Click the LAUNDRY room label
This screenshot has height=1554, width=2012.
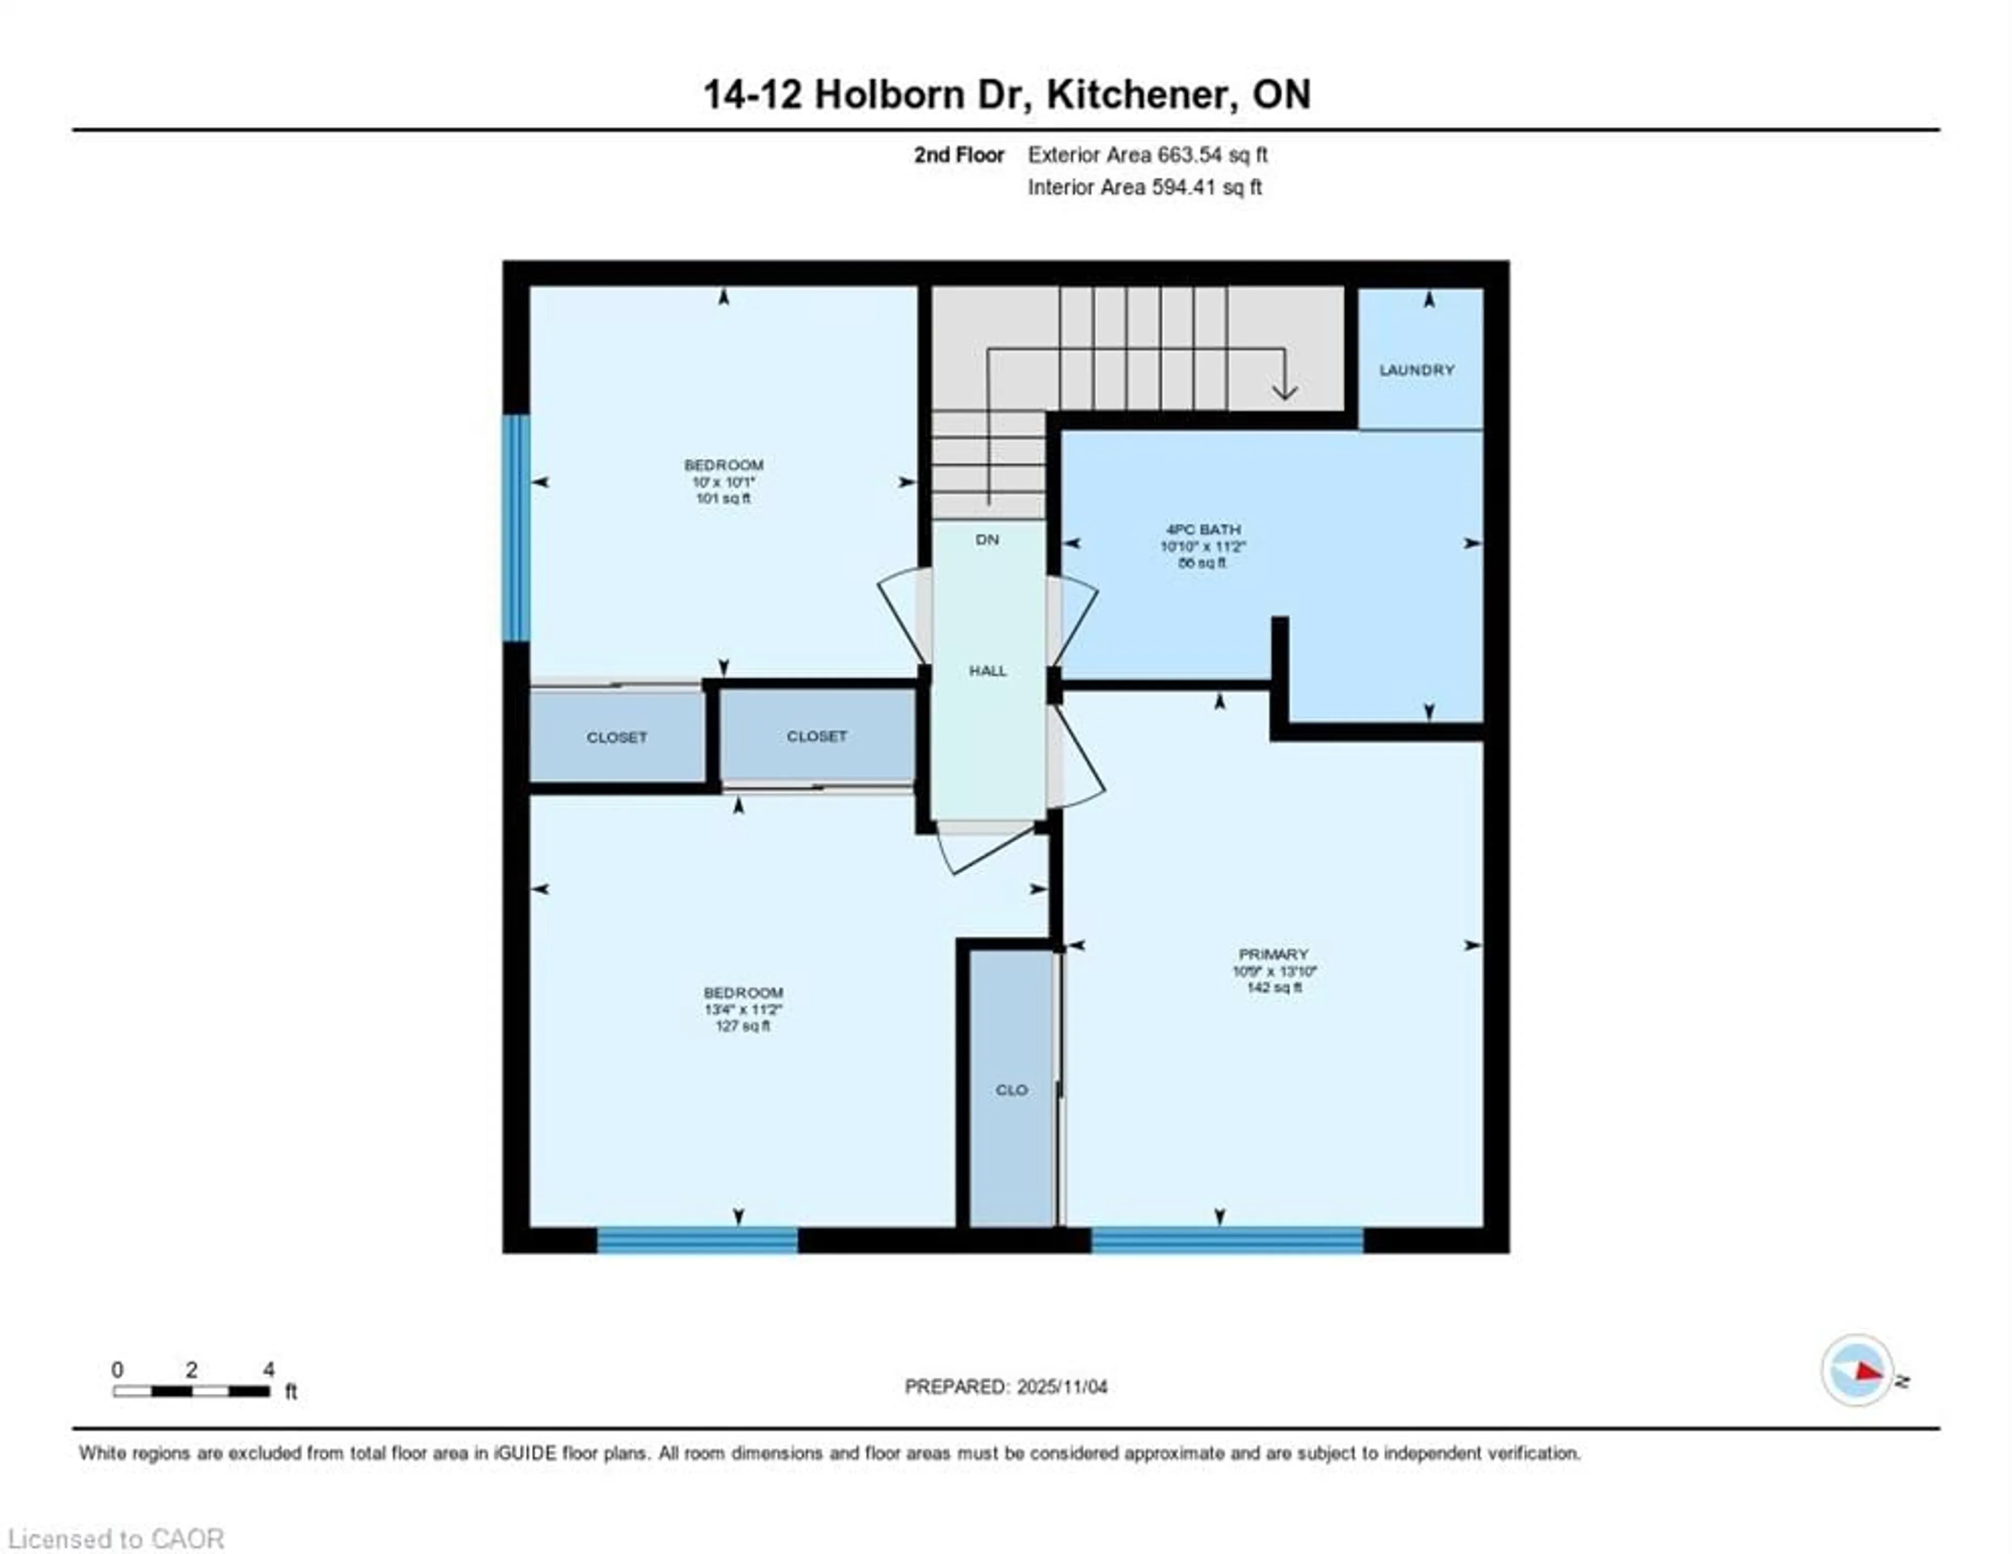[1416, 369]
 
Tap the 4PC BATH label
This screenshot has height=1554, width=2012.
[1203, 530]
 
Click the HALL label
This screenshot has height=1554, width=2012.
[988, 670]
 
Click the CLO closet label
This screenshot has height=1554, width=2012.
[1011, 1090]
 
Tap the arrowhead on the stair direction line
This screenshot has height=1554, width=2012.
[1284, 391]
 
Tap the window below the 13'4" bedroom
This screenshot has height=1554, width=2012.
[697, 1240]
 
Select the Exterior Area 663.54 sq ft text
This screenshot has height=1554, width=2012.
[1147, 155]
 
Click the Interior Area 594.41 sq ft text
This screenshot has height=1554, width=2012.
[1144, 187]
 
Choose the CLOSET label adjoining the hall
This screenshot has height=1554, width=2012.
[816, 736]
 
